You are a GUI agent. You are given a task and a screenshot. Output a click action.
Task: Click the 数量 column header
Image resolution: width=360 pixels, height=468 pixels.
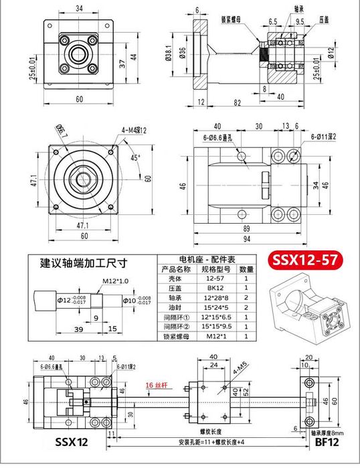(x=246, y=268)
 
